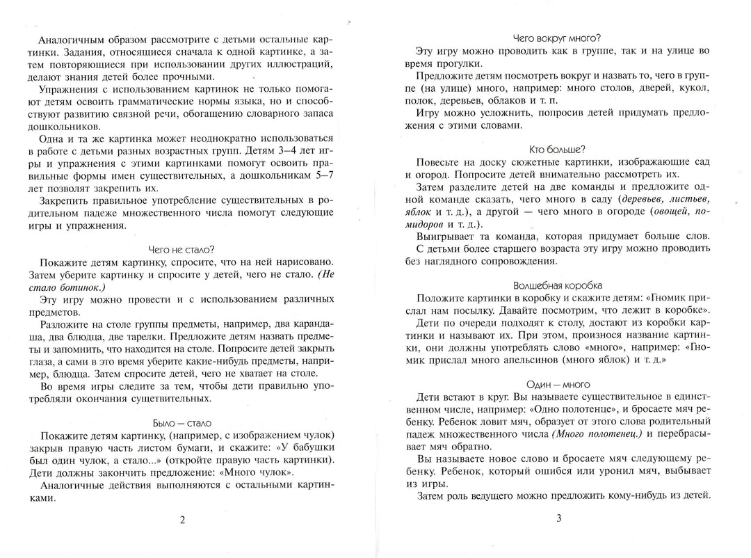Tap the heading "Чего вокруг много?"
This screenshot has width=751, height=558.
(x=556, y=38)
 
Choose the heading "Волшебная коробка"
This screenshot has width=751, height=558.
(x=556, y=285)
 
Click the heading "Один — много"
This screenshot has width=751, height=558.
(x=556, y=383)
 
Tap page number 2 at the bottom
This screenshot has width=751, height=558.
(x=182, y=519)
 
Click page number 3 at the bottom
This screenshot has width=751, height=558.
(x=558, y=519)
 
